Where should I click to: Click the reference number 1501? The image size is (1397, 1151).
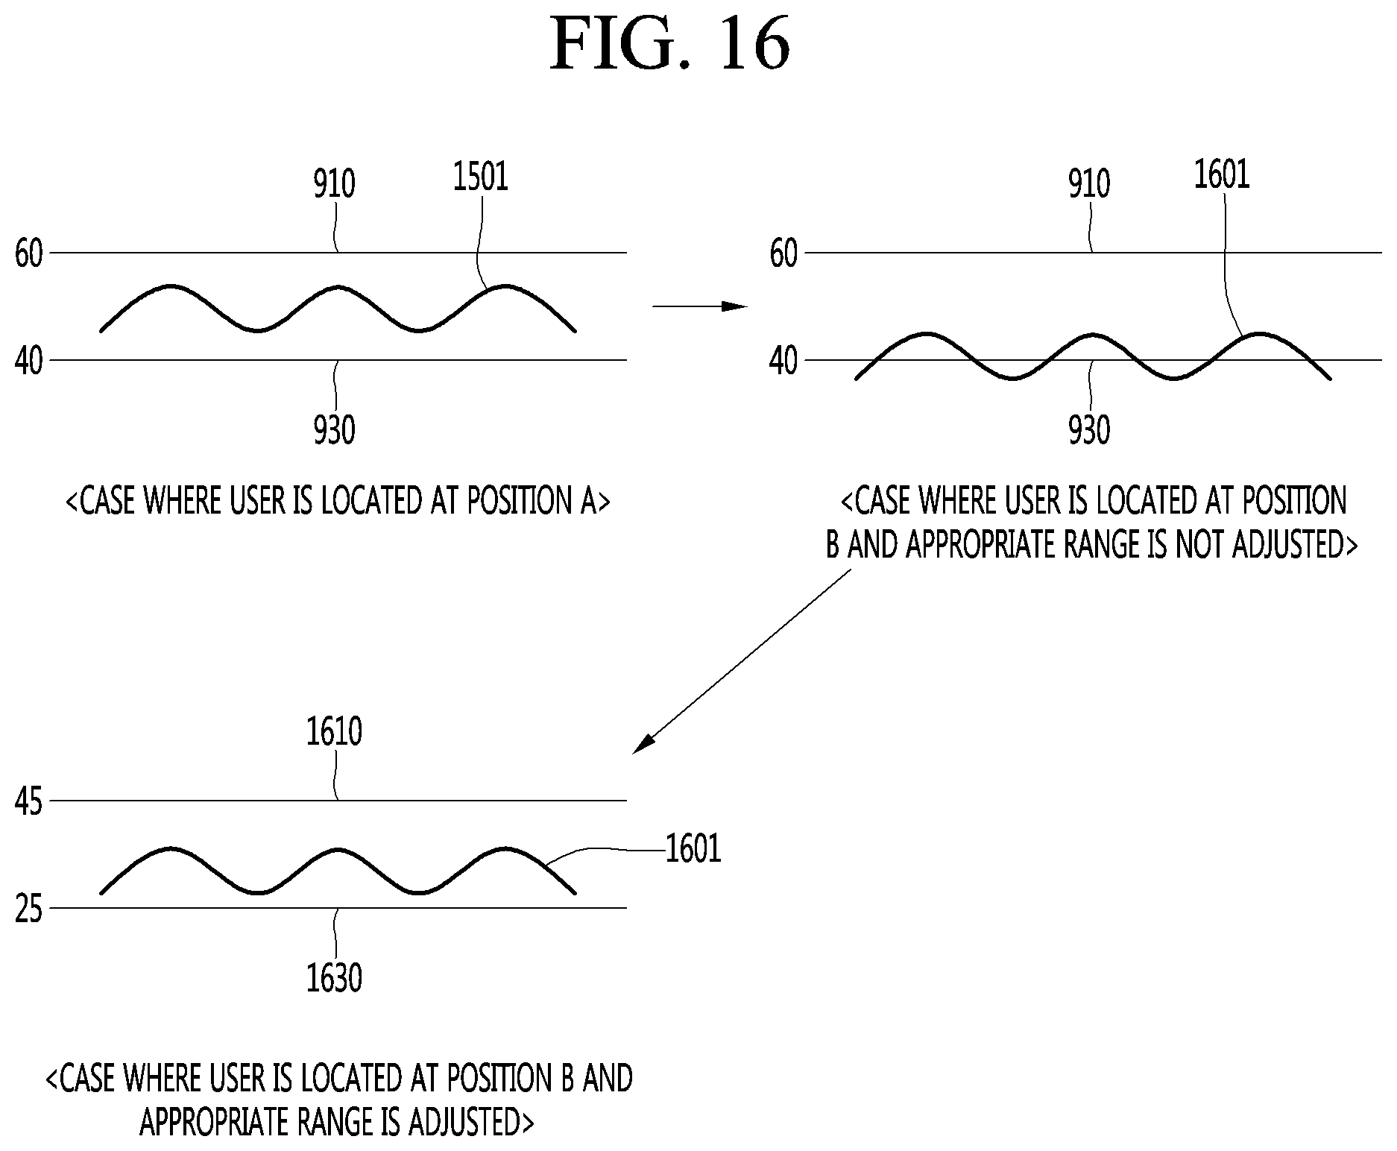pos(481,177)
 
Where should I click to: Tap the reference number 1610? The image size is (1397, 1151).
pos(335,732)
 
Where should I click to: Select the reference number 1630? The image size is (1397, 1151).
pos(335,977)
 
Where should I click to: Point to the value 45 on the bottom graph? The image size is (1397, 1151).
pos(29,803)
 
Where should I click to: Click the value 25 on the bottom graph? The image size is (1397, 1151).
pos(29,910)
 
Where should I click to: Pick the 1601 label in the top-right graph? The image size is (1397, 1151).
pos(1222,175)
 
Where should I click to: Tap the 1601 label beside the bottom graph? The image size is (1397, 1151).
pos(693,849)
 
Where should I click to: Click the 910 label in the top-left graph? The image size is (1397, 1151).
pos(334,183)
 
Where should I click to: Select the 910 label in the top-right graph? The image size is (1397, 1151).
pos(1089,183)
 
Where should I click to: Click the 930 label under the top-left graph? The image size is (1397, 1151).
pos(334,430)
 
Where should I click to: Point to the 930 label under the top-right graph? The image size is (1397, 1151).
pos(1089,430)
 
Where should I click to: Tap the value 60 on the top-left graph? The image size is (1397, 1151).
pos(29,255)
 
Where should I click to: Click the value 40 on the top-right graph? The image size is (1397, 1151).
pos(784,362)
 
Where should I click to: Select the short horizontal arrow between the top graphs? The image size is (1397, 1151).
pos(699,306)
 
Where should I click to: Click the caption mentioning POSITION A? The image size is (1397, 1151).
pos(338,501)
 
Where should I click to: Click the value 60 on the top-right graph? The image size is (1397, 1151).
pos(784,255)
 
